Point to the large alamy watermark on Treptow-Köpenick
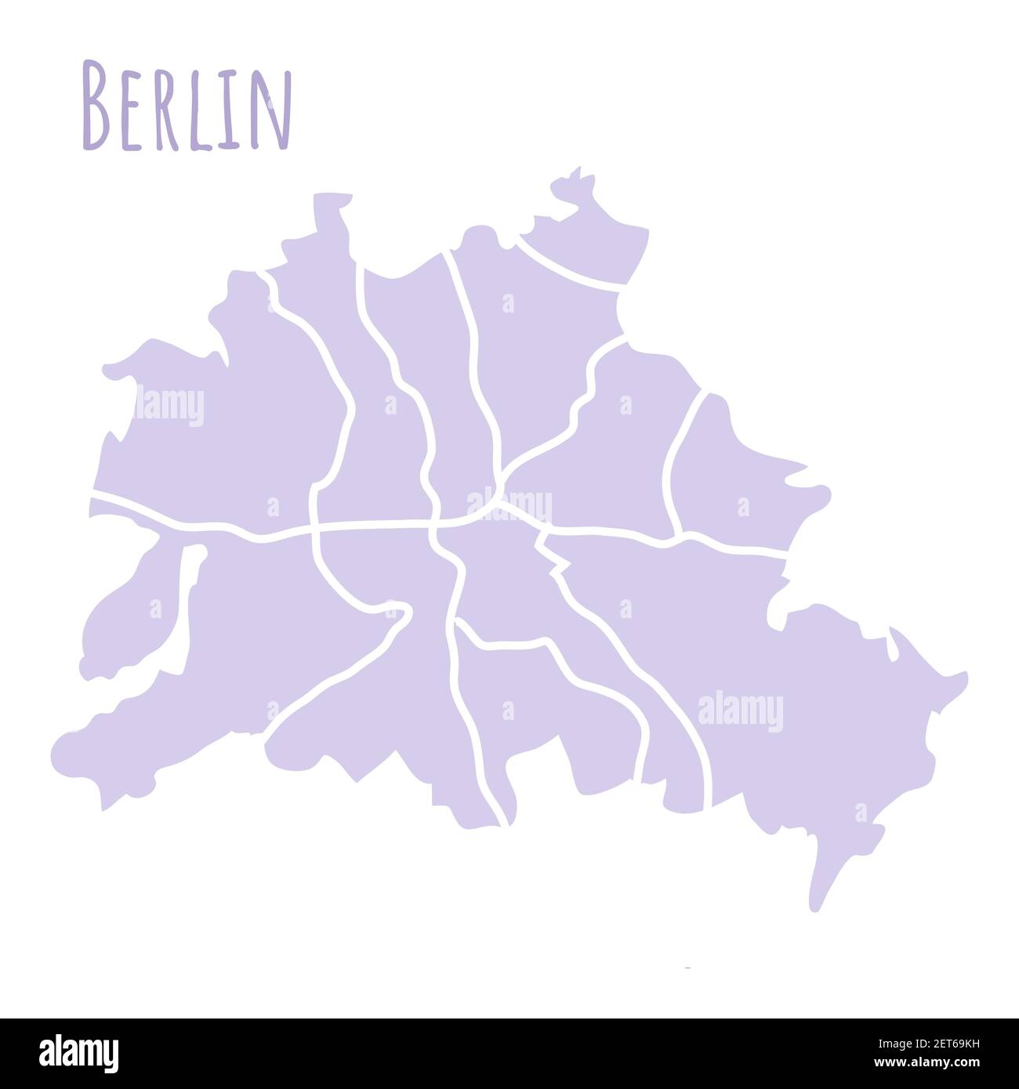(x=740, y=711)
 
